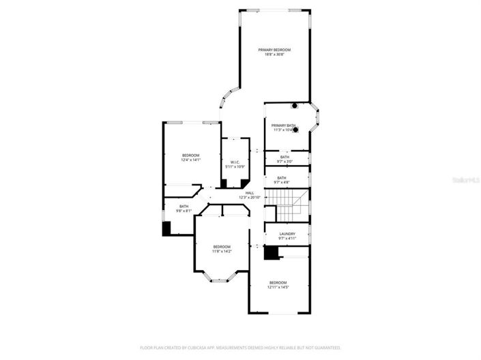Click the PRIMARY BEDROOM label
274,50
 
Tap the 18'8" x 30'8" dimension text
274,55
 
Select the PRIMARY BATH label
283,125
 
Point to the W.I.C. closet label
235,162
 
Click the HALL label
250,193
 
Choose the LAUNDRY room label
287,233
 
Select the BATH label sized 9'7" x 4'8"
282,178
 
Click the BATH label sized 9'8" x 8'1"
184,206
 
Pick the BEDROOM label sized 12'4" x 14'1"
190,155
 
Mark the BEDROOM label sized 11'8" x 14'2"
221,246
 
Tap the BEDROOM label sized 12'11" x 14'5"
278,282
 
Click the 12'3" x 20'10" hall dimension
250,198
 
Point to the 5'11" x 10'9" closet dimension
235,166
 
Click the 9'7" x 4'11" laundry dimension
287,238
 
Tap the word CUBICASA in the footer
196,347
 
